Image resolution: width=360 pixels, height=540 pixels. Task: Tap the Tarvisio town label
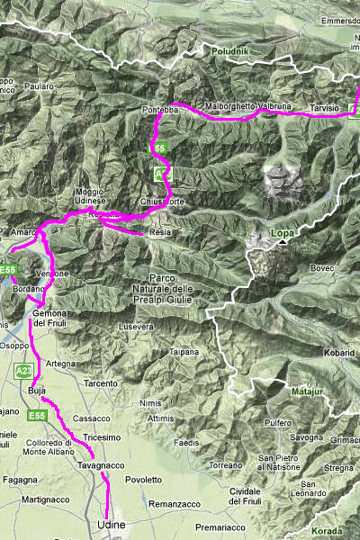click(x=324, y=107)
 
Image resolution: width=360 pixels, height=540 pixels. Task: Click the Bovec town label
click(x=321, y=268)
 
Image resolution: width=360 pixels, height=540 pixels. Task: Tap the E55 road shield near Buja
click(x=36, y=416)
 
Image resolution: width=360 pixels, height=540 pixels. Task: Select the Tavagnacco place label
click(x=100, y=465)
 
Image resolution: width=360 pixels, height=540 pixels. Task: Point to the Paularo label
click(x=40, y=86)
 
